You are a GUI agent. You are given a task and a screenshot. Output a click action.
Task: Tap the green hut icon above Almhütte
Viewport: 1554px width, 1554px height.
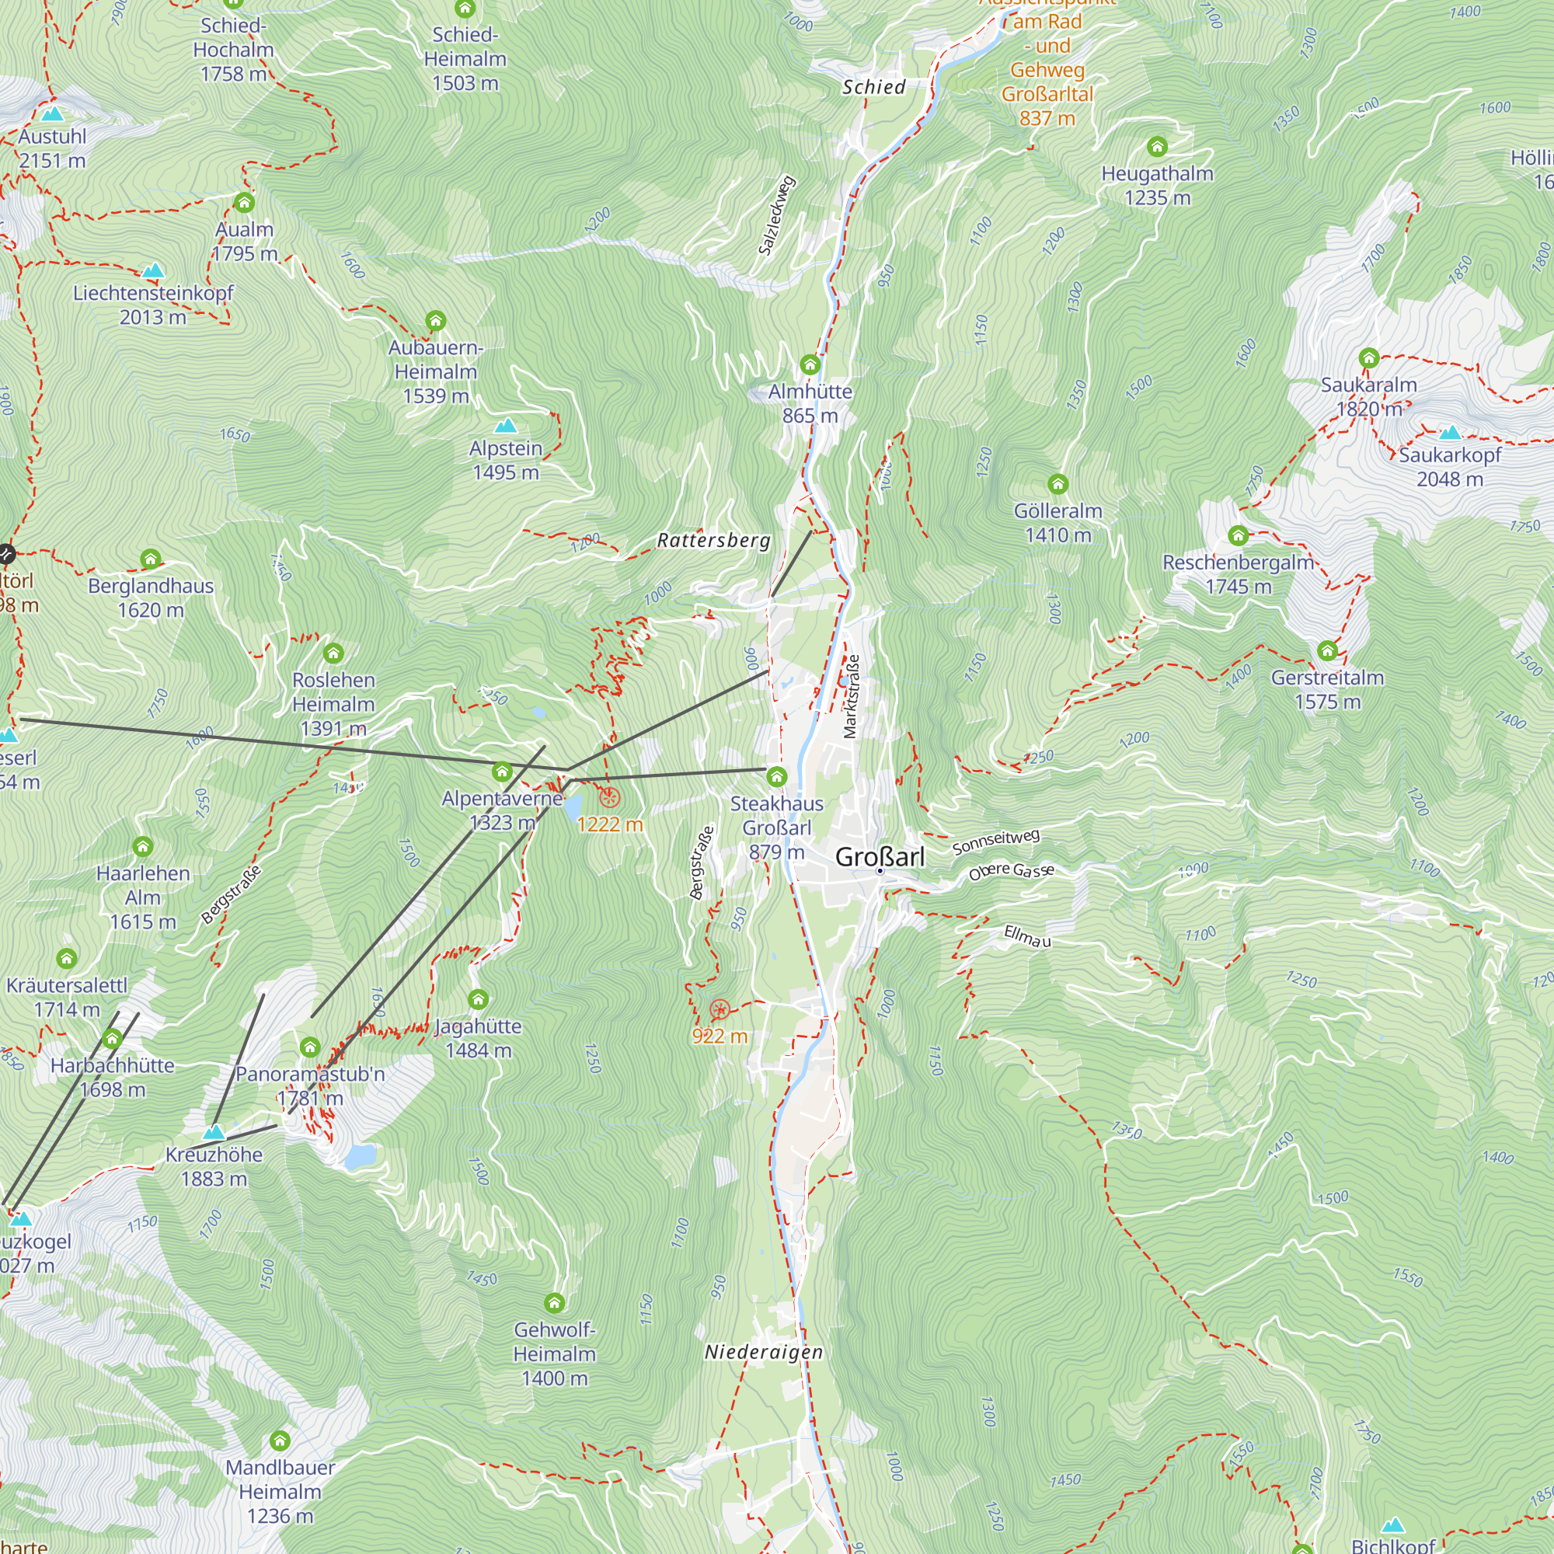pyautogui.click(x=810, y=365)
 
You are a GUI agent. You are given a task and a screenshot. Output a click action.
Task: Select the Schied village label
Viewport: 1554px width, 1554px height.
pyautogui.click(x=873, y=87)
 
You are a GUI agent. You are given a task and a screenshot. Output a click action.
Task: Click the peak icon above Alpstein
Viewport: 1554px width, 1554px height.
pyautogui.click(x=505, y=425)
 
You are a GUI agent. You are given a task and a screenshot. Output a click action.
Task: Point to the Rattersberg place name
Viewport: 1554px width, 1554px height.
pyautogui.click(x=713, y=541)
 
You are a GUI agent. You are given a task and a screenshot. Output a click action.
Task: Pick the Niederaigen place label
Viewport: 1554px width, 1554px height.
pyautogui.click(x=763, y=1352)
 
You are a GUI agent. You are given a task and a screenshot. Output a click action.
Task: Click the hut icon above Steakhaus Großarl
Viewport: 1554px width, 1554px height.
pyautogui.click(x=776, y=777)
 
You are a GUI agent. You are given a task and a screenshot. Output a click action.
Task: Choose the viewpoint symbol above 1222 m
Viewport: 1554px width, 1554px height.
pyautogui.click(x=610, y=798)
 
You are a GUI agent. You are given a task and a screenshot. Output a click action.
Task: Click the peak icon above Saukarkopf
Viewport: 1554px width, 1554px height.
pyautogui.click(x=1449, y=433)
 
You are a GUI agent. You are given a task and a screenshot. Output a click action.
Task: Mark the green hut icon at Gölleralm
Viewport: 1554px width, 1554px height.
pyautogui.click(x=1057, y=484)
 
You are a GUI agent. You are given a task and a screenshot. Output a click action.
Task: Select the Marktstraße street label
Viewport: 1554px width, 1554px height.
pyautogui.click(x=851, y=696)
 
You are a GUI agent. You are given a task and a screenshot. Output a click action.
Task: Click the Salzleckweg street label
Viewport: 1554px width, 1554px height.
pyautogui.click(x=777, y=214)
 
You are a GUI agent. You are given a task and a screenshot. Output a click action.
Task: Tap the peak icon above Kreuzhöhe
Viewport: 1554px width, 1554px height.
pyautogui.click(x=213, y=1132)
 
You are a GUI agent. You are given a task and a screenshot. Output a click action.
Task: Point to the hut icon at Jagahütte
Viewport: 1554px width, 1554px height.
pyautogui.click(x=478, y=1000)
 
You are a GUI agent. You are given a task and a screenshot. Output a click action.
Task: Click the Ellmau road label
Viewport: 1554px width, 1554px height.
pyautogui.click(x=1027, y=936)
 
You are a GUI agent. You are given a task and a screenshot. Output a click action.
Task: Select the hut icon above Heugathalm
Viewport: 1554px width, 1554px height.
pyautogui.click(x=1157, y=147)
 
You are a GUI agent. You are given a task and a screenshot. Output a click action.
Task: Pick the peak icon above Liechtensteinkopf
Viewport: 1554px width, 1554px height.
pyautogui.click(x=153, y=270)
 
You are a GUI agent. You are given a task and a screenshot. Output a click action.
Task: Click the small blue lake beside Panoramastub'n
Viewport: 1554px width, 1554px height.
pyautogui.click(x=360, y=1156)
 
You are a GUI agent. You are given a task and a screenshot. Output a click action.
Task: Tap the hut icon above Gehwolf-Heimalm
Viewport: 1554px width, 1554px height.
pyautogui.click(x=554, y=1303)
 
